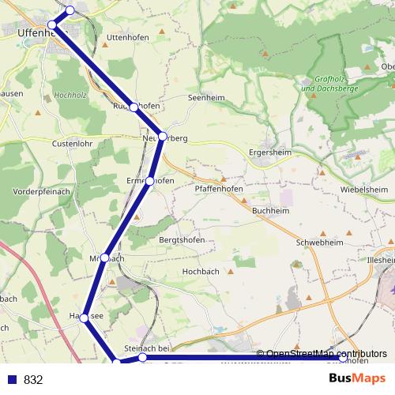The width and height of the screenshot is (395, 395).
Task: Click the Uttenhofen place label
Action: (x=127, y=37)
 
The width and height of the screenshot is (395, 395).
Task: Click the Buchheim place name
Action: (x=269, y=211)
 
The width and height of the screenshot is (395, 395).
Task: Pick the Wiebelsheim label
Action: (x=364, y=190)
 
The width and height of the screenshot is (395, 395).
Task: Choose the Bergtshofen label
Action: (x=182, y=240)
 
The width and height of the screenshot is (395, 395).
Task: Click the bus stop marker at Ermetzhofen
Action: (x=150, y=182)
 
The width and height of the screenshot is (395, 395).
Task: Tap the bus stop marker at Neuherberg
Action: (x=162, y=137)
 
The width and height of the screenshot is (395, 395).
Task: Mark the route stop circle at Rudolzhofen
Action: (x=134, y=107)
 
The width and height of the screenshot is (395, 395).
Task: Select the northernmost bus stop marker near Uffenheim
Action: (x=70, y=10)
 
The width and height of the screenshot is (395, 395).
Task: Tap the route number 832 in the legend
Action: (x=32, y=380)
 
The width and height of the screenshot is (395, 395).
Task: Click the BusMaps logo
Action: (x=356, y=379)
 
